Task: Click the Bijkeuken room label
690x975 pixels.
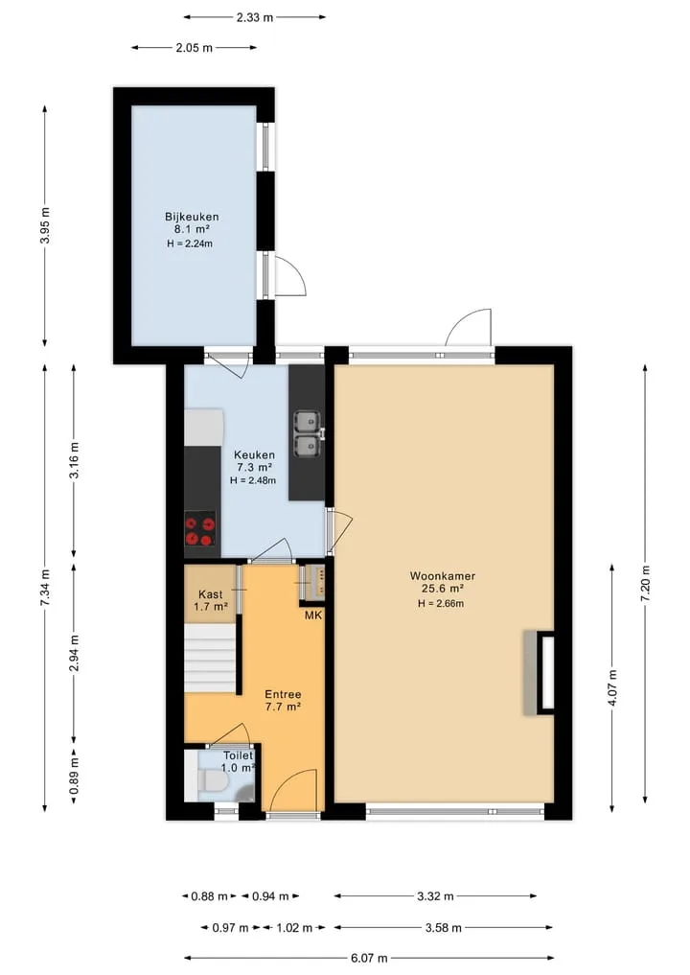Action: tap(192, 217)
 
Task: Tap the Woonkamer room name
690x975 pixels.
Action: tap(442, 576)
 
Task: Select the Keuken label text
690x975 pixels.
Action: tap(254, 454)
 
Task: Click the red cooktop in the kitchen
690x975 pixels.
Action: tap(200, 529)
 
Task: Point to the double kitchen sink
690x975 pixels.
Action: tap(308, 434)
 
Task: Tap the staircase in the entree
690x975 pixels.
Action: tap(210, 658)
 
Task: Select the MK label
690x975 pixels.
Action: tap(313, 615)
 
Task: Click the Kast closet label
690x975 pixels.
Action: tap(210, 594)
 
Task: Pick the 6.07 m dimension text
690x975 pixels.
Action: tap(369, 958)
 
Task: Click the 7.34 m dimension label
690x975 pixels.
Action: tap(45, 588)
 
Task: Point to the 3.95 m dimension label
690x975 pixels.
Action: tap(45, 225)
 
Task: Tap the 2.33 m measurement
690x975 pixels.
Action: tap(255, 17)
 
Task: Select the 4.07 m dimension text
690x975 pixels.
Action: tap(612, 687)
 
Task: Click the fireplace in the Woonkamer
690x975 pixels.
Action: tap(539, 673)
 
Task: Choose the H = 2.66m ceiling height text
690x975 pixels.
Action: tap(441, 603)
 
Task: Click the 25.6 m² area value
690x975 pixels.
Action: tap(442, 589)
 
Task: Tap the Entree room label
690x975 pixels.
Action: tap(283, 694)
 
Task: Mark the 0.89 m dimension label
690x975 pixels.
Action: tap(74, 777)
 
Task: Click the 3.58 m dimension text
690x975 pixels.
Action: tap(443, 928)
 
